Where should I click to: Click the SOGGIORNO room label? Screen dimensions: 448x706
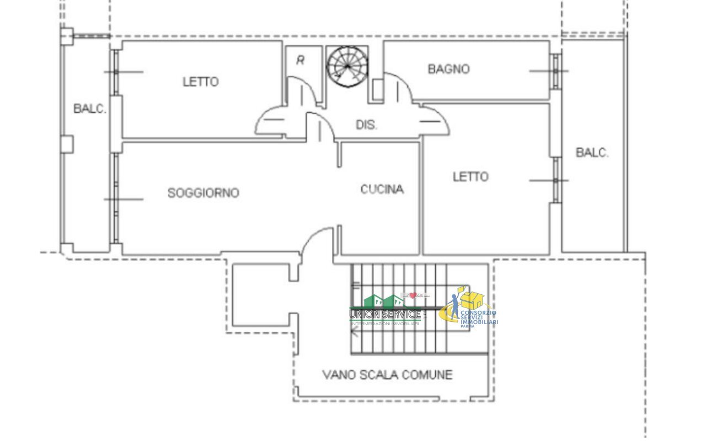coord(203,193)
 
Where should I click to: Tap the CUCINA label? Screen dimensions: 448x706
coord(382,189)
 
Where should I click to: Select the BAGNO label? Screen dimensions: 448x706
coord(448,69)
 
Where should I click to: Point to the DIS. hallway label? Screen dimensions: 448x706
coord(366,125)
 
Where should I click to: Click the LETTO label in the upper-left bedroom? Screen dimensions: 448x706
coord(200,82)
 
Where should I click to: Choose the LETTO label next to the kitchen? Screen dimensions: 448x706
coord(470,176)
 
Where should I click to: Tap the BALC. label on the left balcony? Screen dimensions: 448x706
coord(89,109)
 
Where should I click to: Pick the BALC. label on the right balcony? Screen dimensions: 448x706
coord(592,153)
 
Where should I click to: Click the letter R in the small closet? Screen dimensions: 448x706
coord(301,60)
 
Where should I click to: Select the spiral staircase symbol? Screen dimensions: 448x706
coord(347,67)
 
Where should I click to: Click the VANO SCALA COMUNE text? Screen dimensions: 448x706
coord(387,375)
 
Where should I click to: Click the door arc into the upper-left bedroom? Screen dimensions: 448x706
coord(271,121)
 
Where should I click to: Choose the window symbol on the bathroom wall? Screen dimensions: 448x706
coord(556,71)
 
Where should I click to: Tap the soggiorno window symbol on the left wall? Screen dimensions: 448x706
coord(115,199)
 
